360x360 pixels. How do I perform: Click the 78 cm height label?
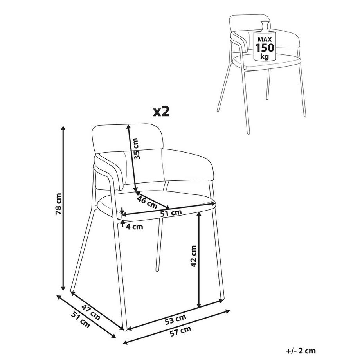[x=59, y=204]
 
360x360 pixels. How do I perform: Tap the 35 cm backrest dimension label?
[x=136, y=149]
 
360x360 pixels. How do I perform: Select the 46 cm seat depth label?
[x=147, y=202]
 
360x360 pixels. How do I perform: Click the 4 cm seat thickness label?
[x=135, y=227]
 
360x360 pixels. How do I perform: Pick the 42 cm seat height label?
[x=194, y=256]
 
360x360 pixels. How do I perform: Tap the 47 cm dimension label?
[x=91, y=313]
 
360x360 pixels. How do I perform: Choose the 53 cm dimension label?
[x=176, y=320]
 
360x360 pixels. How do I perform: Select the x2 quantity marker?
[x=161, y=112]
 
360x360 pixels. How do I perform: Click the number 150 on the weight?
[x=265, y=48]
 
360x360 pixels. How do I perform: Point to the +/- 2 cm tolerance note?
[x=301, y=351]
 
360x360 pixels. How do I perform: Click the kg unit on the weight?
[x=264, y=56]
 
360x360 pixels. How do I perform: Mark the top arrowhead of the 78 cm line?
[x=63, y=128]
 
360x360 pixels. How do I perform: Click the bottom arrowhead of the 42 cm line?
[x=199, y=305]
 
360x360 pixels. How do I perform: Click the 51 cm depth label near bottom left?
[x=80, y=320]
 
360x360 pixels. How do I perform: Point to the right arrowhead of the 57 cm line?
[x=227, y=311]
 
